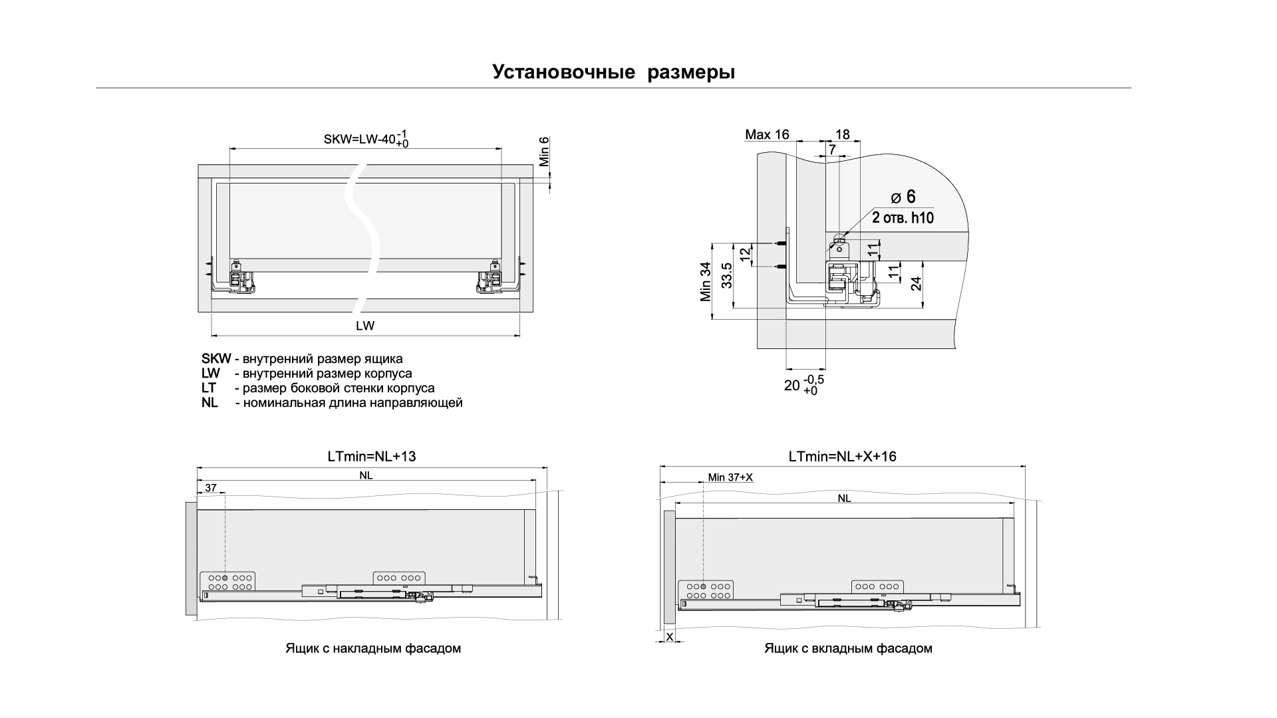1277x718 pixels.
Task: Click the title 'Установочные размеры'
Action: (613, 72)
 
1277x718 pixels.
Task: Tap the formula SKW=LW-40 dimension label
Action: (366, 140)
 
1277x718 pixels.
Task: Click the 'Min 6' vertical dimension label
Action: (544, 151)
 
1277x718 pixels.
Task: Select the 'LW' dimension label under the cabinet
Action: (365, 326)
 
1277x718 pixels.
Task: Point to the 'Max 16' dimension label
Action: (767, 135)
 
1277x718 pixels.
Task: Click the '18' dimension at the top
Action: (842, 135)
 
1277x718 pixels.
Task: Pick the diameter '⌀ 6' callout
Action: (904, 197)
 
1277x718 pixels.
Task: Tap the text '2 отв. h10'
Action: (903, 217)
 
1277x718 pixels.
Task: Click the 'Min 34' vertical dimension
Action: (706, 282)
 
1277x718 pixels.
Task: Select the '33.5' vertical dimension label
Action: (727, 275)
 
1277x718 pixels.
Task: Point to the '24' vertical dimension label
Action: (917, 283)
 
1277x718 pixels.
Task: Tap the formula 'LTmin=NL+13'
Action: (372, 457)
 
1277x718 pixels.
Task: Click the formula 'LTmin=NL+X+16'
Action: (842, 457)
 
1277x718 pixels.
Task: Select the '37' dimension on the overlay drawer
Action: (211, 488)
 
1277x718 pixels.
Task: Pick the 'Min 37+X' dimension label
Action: (730, 477)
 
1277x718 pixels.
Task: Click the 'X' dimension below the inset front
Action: (670, 637)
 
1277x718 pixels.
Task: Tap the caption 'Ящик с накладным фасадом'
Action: (373, 648)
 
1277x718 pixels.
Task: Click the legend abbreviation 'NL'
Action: (210, 403)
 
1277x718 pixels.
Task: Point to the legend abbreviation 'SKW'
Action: (215, 359)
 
